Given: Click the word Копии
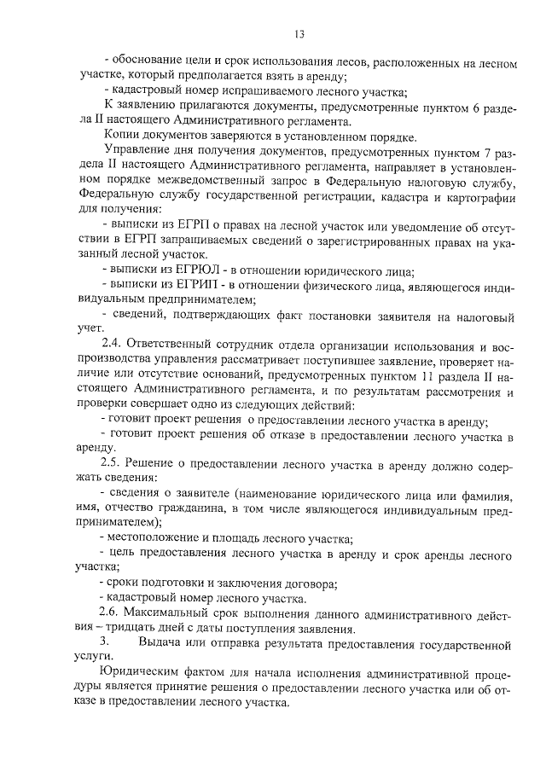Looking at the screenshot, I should click(123, 136).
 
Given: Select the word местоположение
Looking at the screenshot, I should click(150, 538).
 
